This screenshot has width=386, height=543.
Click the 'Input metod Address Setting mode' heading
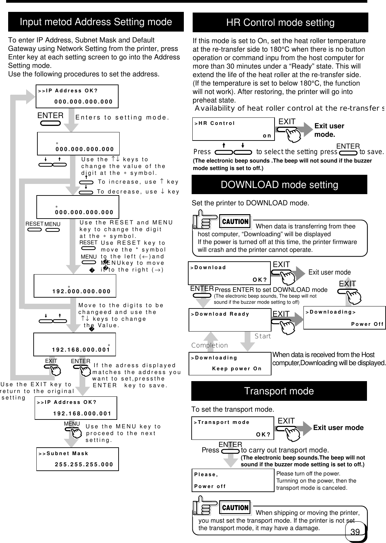tap(96, 22)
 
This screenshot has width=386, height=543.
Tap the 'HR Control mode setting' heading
tap(280, 23)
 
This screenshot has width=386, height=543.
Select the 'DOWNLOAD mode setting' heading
tap(279, 185)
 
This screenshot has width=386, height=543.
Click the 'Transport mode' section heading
tap(279, 391)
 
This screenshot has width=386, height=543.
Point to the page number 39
tap(355, 532)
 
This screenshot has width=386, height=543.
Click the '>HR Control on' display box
tap(233, 129)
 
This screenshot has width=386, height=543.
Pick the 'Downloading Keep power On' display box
tap(230, 363)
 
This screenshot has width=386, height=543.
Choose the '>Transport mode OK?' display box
tap(232, 428)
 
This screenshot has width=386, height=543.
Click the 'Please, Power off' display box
tap(233, 480)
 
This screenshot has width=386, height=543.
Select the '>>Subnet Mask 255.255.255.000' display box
tap(77, 459)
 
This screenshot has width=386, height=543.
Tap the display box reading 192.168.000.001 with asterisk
tap(74, 344)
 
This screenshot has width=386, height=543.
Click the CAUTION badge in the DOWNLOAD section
tap(235, 222)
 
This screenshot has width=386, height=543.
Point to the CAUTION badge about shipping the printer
tap(235, 508)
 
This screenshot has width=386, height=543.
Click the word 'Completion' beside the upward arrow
tap(210, 345)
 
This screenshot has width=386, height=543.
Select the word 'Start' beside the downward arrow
tap(263, 336)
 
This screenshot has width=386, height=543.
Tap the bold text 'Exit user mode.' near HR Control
tap(329, 130)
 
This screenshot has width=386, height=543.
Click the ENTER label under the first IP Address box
tap(50, 115)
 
